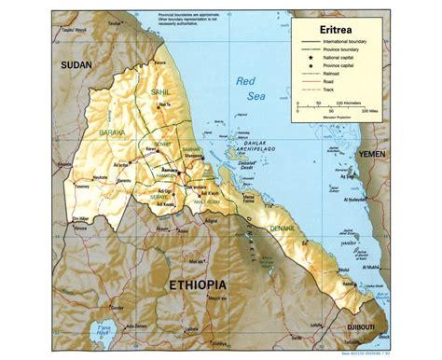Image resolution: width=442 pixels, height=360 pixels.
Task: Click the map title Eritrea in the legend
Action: point(342,29)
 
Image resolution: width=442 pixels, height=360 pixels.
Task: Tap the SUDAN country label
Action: point(77,65)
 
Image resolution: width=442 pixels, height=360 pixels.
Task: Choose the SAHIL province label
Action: point(160,91)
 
